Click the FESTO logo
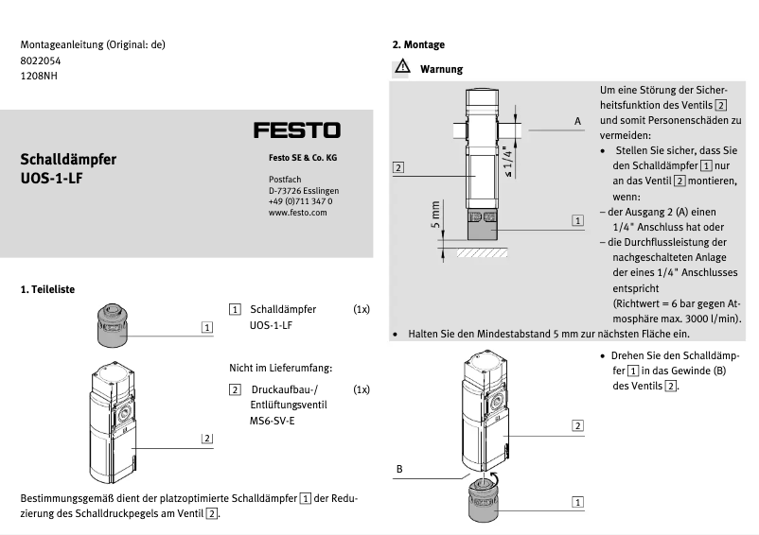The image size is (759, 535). [296, 130]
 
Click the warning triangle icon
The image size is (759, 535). [402, 69]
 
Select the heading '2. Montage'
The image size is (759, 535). [418, 44]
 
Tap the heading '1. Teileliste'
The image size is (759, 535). [47, 288]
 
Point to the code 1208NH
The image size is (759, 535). [39, 75]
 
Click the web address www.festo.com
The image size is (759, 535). [297, 213]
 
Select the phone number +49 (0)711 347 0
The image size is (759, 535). [300, 201]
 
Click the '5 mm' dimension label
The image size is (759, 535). [435, 216]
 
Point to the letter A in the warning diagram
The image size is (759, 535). [576, 121]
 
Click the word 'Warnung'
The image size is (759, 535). [441, 69]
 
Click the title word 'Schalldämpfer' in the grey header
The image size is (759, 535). [68, 159]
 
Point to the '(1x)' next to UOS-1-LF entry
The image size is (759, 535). [362, 309]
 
